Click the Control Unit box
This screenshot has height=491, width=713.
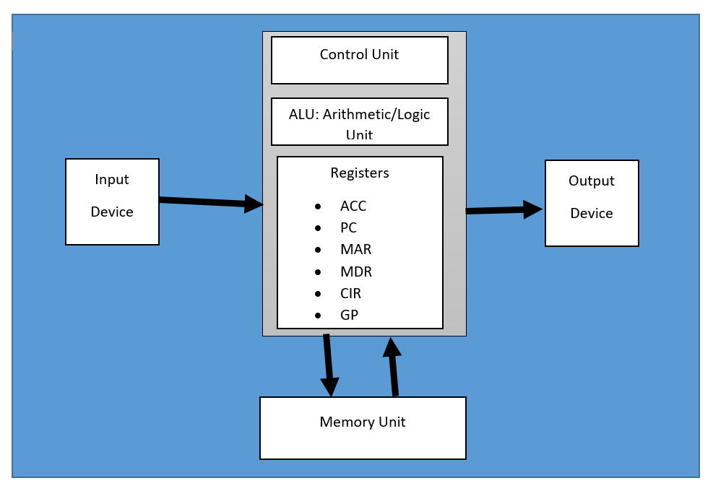pyautogui.click(x=359, y=60)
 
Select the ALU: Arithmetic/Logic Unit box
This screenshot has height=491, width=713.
pyautogui.click(x=359, y=121)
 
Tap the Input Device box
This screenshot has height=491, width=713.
pyautogui.click(x=112, y=201)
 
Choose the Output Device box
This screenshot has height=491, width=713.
pyautogui.click(x=591, y=203)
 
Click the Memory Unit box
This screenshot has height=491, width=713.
pyautogui.click(x=363, y=427)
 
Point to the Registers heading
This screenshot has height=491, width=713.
pyautogui.click(x=360, y=173)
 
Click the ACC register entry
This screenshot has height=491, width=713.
pyautogui.click(x=353, y=207)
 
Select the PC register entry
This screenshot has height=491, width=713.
pyautogui.click(x=348, y=228)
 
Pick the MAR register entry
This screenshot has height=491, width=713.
pyautogui.click(x=355, y=250)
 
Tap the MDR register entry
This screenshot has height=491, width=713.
pyautogui.click(x=355, y=272)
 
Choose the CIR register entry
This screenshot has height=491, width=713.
pyautogui.click(x=350, y=294)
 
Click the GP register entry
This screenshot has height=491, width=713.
pyautogui.click(x=349, y=316)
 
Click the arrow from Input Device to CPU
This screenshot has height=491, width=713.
pyautogui.click(x=209, y=202)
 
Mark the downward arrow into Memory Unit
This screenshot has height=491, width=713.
pyautogui.click(x=329, y=365)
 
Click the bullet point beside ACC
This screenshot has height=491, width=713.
pyautogui.click(x=319, y=207)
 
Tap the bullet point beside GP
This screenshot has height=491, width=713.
pyautogui.click(x=319, y=316)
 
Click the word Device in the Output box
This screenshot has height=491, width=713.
pyautogui.click(x=591, y=214)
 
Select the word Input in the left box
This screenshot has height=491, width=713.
pyautogui.click(x=112, y=180)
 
